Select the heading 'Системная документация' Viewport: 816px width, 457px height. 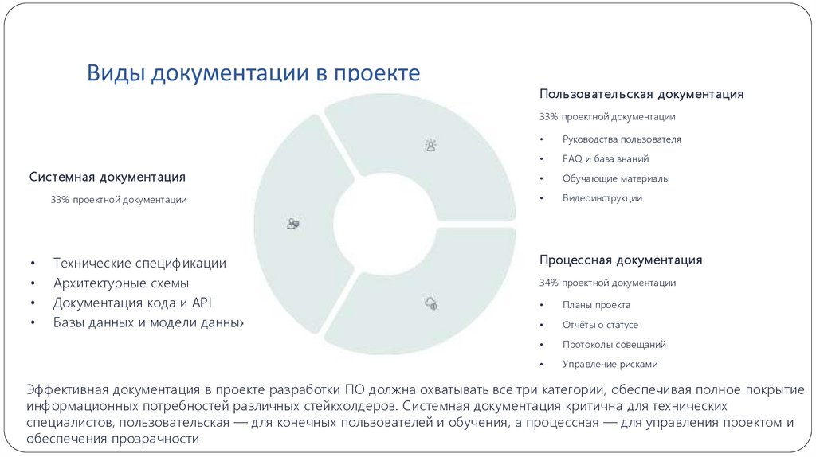(108, 176)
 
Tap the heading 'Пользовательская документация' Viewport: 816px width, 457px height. (641, 94)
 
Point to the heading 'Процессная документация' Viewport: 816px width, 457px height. (621, 260)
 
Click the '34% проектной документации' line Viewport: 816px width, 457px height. (607, 283)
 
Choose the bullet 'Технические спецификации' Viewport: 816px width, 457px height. (139, 263)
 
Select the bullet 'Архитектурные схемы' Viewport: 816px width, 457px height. (121, 283)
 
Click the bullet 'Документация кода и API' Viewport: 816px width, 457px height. (133, 303)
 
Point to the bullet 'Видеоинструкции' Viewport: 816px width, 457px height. (602, 198)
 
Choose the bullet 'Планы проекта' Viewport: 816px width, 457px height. (596, 305)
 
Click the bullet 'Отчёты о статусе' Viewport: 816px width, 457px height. (600, 325)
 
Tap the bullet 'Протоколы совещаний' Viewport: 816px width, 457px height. (614, 345)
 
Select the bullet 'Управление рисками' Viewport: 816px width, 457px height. (610, 365)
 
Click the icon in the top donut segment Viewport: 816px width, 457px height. (431, 145)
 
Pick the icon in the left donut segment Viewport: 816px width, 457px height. (293, 224)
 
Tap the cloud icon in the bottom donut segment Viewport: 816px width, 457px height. (431, 303)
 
